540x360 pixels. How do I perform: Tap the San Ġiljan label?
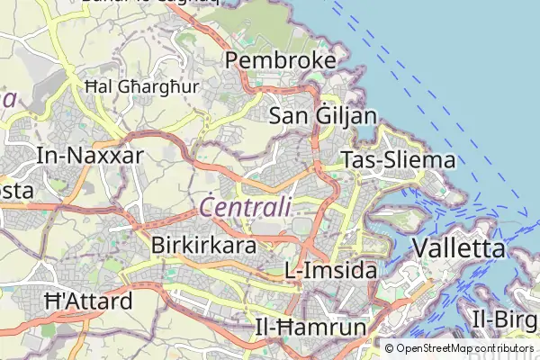tap(323, 114)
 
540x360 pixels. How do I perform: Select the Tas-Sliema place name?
tap(399, 160)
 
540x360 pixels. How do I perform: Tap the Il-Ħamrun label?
tap(310, 325)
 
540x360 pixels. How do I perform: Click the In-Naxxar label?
tap(90, 155)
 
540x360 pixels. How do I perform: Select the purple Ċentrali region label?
tap(246, 207)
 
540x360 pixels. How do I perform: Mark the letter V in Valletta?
tap(420, 248)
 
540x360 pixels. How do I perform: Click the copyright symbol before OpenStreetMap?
tap(390, 347)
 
